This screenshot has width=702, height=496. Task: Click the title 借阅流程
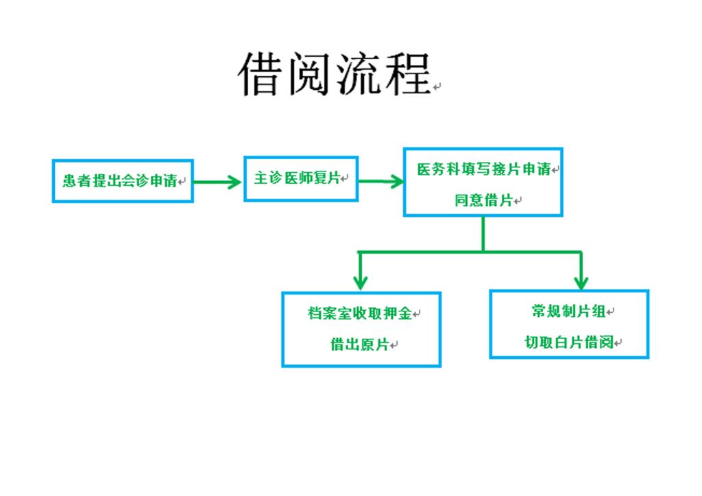334,73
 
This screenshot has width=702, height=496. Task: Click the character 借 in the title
261,73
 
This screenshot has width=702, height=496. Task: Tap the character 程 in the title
408,73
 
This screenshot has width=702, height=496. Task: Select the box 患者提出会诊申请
123,181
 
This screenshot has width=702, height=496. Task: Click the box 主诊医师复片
301,178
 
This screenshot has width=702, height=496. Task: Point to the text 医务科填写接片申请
484,169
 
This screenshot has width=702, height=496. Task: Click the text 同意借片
483,200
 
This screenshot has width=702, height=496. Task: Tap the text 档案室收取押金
359,314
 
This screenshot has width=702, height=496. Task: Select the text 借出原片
359,344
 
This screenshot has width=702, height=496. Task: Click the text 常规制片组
568,311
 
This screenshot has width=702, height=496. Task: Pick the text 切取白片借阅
568,342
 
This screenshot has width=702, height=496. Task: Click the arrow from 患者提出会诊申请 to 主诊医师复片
217,182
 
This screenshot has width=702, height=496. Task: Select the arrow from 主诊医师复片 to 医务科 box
381,182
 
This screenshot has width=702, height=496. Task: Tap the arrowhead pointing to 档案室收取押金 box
361,283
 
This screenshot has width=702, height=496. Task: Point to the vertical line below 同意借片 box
483,234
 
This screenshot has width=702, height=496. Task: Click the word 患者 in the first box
77,181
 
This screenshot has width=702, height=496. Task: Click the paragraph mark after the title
437,86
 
